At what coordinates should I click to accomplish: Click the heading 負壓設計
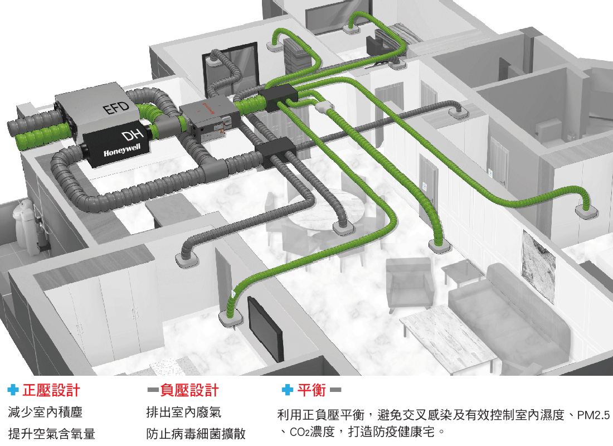[189, 390]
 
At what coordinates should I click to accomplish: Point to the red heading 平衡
[312, 390]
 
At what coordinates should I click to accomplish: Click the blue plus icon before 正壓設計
[13, 390]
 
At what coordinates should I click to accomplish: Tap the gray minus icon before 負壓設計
[152, 390]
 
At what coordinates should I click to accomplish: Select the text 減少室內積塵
[45, 413]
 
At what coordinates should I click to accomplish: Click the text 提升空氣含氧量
[52, 434]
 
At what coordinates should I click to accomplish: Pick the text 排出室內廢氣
[183, 413]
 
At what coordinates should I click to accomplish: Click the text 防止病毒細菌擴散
[196, 434]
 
